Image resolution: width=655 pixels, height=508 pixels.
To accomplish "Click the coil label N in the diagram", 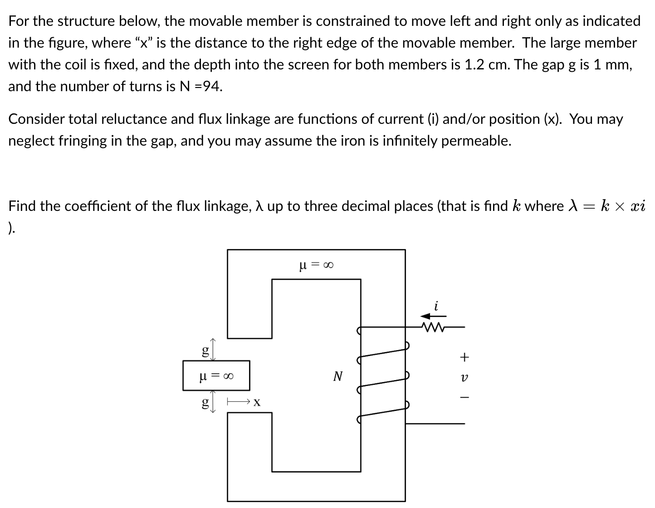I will [337, 376].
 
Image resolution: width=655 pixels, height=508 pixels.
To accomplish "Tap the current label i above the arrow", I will [436, 306].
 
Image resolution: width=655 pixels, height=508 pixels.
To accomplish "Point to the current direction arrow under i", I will [433, 316].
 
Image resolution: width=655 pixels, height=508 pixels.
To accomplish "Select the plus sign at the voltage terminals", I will [464, 357].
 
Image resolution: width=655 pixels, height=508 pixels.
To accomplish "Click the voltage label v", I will [464, 377].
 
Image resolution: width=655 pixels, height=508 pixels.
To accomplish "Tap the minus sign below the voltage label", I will [464, 397].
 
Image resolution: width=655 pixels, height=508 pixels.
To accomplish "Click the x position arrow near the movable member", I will [239, 401].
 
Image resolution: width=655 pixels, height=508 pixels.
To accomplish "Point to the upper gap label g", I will [205, 351].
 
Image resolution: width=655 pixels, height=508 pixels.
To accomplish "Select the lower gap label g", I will [205, 402].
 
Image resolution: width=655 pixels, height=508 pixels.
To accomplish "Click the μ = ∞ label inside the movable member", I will [216, 376].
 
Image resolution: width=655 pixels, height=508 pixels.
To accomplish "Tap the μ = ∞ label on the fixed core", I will [316, 264].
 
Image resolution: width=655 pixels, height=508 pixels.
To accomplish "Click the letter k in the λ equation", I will [605, 206].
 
